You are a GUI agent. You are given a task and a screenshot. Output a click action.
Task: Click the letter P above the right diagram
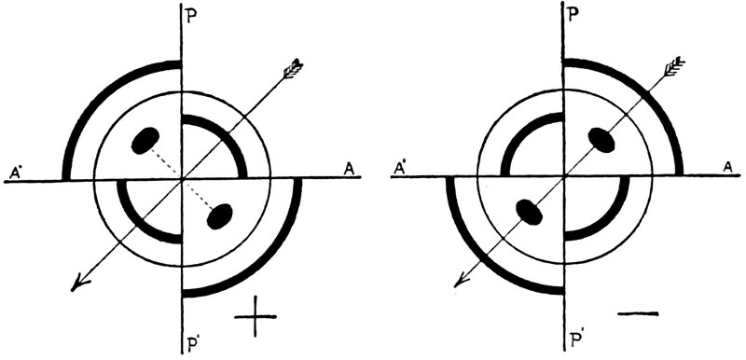575,13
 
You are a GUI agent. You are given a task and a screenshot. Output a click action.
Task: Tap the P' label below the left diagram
192,345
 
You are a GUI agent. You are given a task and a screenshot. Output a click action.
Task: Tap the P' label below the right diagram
576,339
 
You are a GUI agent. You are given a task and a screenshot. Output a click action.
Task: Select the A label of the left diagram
349,170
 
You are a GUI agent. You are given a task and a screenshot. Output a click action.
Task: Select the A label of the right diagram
728,167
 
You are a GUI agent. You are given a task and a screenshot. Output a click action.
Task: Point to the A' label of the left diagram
16,173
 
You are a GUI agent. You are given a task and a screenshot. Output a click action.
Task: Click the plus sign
256,316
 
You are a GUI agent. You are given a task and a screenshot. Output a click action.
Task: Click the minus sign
638,313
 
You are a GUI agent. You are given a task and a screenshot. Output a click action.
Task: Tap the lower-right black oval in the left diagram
220,216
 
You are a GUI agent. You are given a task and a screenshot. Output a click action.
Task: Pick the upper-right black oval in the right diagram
601,140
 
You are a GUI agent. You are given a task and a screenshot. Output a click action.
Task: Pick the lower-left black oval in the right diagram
530,212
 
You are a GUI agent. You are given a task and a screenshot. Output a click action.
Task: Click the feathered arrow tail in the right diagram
673,66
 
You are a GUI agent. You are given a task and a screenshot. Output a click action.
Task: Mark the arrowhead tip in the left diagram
72,291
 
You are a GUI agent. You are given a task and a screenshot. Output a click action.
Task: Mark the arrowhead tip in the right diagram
455,287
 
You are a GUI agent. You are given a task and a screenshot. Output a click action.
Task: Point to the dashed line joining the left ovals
182,178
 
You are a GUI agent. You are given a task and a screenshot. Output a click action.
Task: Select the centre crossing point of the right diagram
564,176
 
